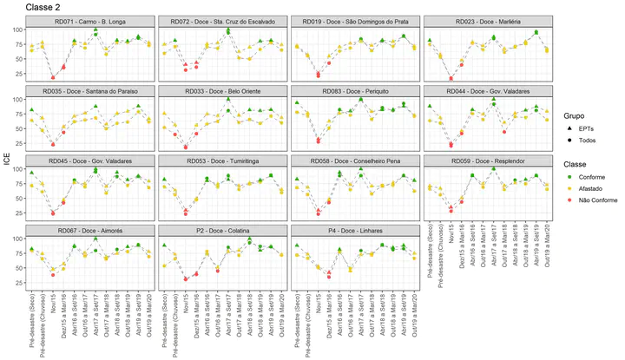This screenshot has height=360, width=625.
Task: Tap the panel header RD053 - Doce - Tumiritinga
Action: [x=224, y=160]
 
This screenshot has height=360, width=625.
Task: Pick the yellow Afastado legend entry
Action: [x=589, y=187]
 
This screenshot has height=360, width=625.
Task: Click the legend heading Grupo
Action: [x=573, y=115]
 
